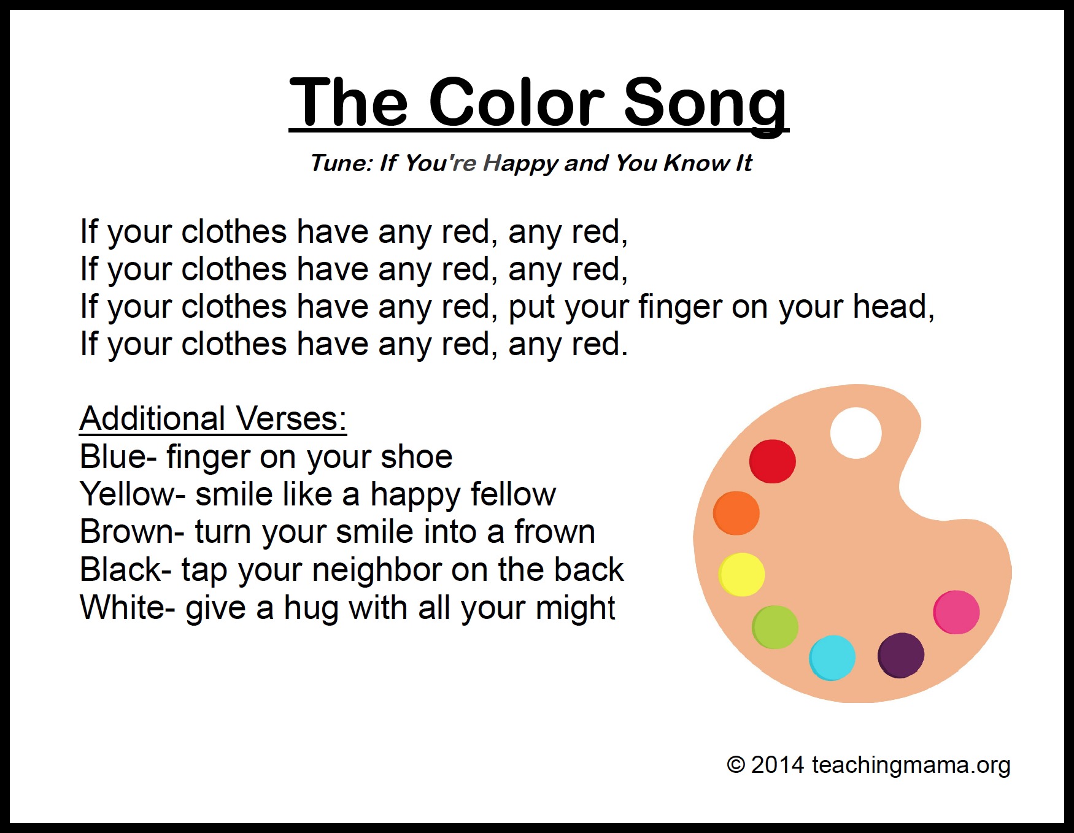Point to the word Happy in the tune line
point(520,163)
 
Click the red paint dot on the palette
point(772,461)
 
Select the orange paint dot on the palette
point(736,513)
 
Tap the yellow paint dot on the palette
point(741,574)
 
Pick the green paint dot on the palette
point(775,627)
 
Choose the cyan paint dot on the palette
point(832,658)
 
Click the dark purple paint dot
point(900,655)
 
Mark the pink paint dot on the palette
point(956,612)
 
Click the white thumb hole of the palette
point(856,432)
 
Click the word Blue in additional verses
point(114,457)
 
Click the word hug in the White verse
point(311,608)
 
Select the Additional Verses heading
point(213,419)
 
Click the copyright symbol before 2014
point(735,765)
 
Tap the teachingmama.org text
point(911,766)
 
